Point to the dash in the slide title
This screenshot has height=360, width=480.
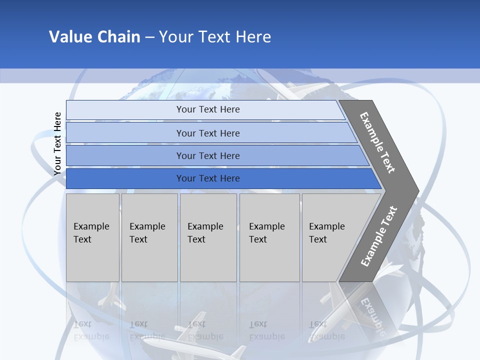pyautogui.click(x=149, y=37)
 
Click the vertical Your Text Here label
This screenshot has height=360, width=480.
pyautogui.click(x=57, y=143)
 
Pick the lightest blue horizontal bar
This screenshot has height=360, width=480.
pyautogui.click(x=205, y=109)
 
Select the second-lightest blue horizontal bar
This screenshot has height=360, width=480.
pyautogui.click(x=210, y=133)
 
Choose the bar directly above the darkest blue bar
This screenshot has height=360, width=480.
pyautogui.click(x=215, y=155)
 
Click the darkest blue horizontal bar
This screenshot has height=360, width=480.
pyautogui.click(x=220, y=178)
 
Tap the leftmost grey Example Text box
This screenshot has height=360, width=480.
pyautogui.click(x=92, y=237)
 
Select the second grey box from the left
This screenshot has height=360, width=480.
pyautogui.click(x=149, y=237)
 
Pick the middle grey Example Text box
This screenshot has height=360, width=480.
pyautogui.click(x=208, y=237)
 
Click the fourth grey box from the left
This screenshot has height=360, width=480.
pyautogui.click(x=269, y=237)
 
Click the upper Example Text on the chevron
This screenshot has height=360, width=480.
pyautogui.click(x=377, y=142)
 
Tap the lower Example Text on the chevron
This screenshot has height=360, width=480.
pyautogui.click(x=378, y=236)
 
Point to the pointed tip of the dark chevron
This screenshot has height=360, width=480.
pyautogui.click(x=418, y=190)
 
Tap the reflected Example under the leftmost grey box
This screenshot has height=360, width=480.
pyautogui.click(x=91, y=336)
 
